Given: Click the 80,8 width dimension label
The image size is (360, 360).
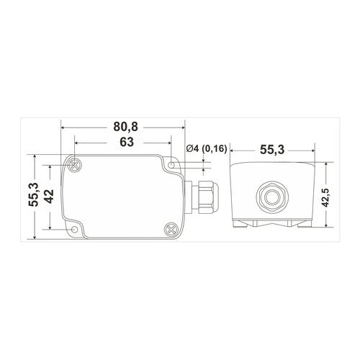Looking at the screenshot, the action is (x=126, y=127).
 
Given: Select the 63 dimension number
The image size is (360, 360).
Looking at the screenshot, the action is (x=127, y=142).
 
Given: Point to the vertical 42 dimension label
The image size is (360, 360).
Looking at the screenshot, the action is (x=50, y=197).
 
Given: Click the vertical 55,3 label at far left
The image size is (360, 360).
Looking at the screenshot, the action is (x=33, y=194).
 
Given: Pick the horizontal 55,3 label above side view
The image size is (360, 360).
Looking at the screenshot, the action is (x=272, y=150).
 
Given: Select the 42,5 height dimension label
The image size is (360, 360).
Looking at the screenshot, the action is (x=325, y=194).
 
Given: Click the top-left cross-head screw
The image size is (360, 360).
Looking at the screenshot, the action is (x=75, y=165).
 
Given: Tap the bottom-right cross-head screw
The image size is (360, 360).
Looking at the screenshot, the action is (x=171, y=230).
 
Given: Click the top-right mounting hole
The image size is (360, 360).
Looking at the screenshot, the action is (x=171, y=165).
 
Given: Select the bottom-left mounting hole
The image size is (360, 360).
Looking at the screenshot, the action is (x=75, y=230).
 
